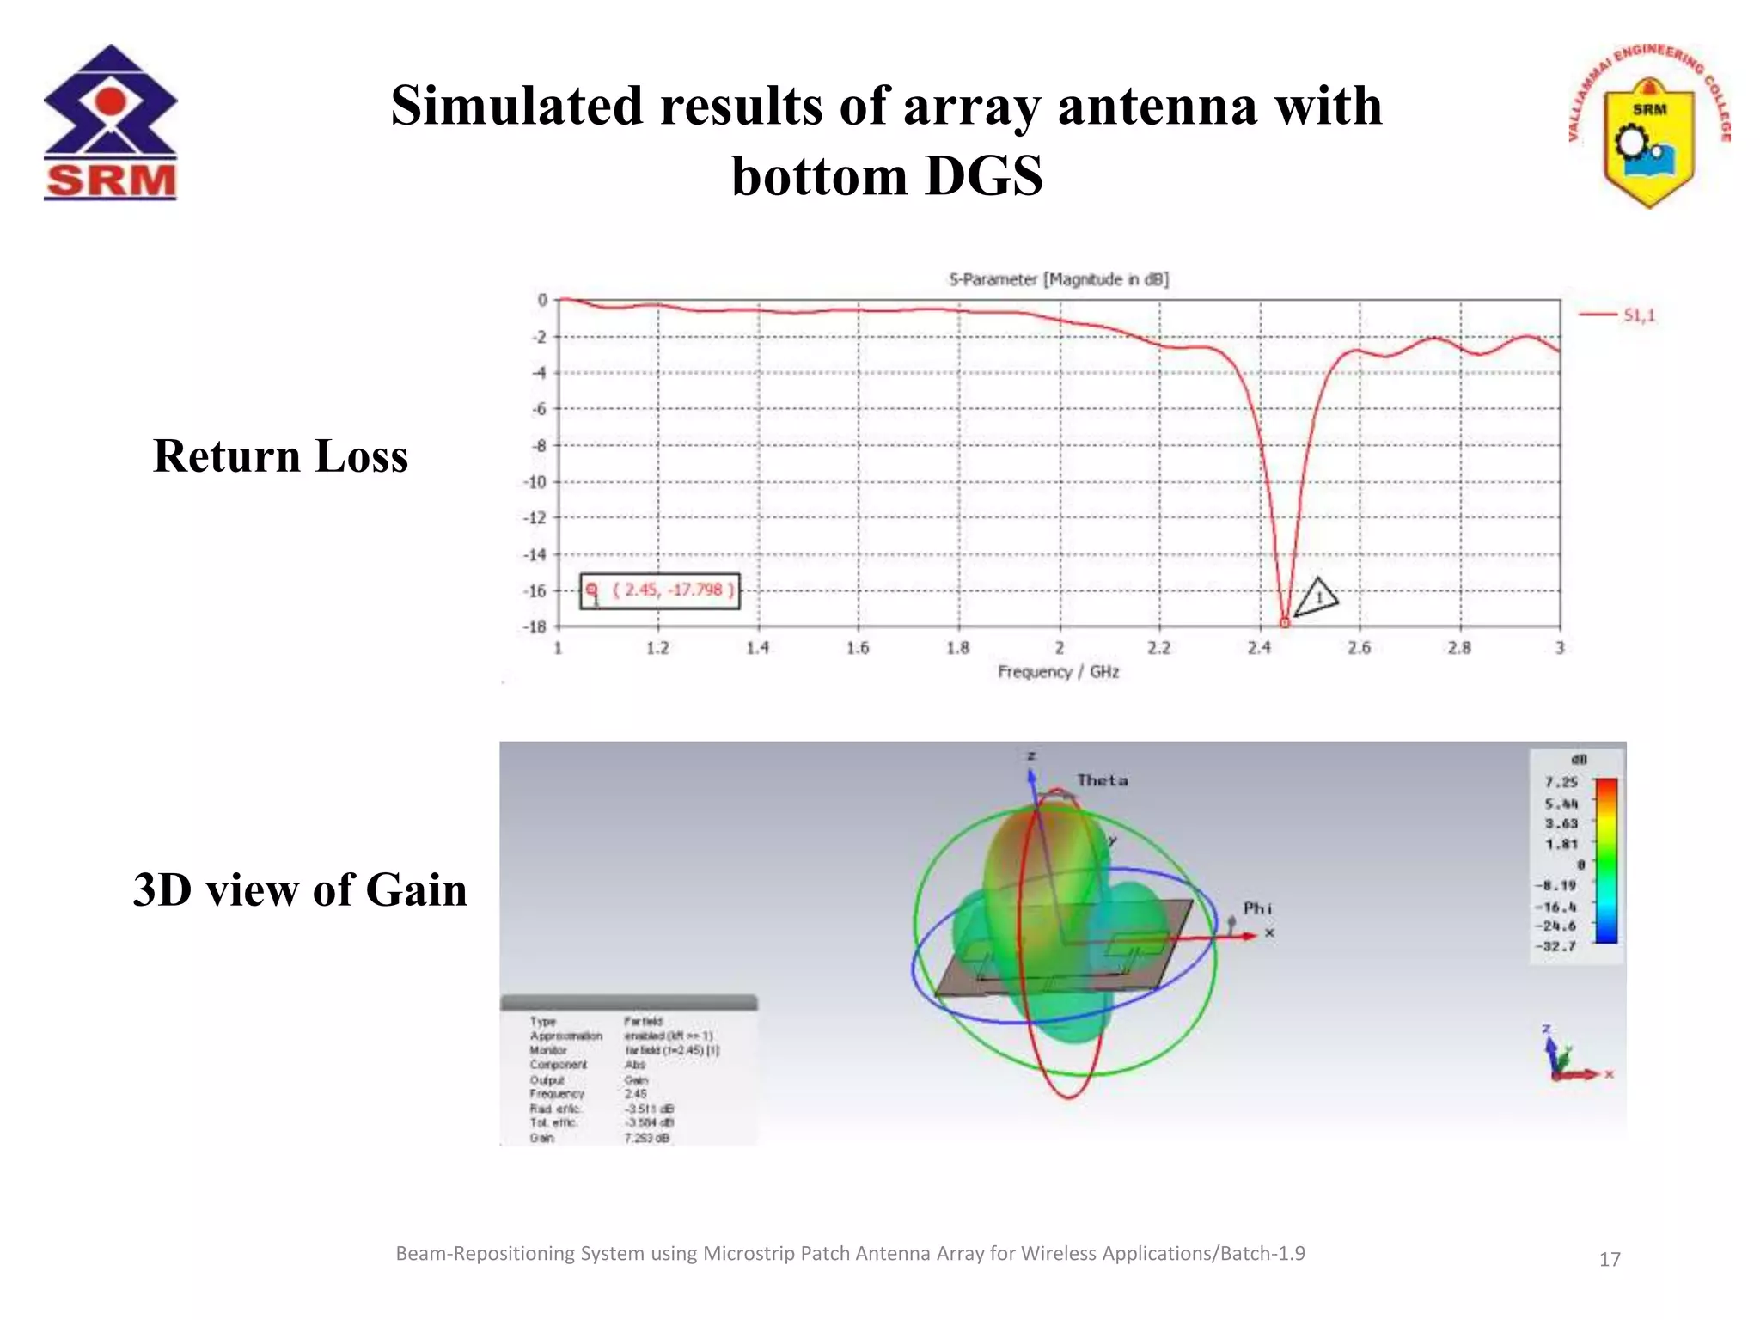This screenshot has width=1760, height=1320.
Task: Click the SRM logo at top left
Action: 110,122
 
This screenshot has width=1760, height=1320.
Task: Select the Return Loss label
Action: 280,455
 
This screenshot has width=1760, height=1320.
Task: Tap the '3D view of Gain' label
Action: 300,889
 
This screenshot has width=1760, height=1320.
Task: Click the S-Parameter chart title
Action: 1058,279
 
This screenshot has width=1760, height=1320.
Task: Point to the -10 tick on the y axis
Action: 535,482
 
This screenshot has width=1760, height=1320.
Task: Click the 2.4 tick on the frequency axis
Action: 1259,648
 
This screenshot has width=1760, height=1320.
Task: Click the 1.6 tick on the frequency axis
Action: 858,648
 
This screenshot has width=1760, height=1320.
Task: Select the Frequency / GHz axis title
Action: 1058,672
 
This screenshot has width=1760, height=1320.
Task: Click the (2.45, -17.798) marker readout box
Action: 659,590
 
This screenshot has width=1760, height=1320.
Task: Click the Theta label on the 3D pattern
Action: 1102,780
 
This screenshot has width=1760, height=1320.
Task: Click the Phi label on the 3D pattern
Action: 1256,908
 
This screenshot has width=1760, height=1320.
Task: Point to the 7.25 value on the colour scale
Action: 1561,782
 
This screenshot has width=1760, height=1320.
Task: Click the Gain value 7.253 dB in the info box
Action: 647,1138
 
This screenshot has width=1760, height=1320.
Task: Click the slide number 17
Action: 1609,1260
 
